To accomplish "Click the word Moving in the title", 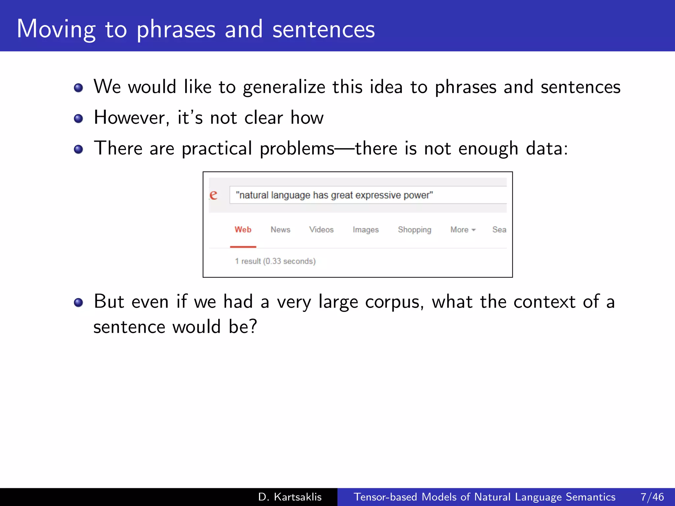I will click(x=56, y=30).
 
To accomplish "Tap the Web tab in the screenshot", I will click(x=243, y=230).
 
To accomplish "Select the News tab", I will click(x=280, y=230).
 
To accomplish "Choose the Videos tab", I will click(x=321, y=230).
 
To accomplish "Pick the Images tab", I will click(x=366, y=230).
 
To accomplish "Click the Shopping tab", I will click(x=414, y=230).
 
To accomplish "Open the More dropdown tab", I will click(x=462, y=230).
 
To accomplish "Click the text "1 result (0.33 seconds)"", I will click(x=275, y=261).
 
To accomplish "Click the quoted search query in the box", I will click(x=334, y=195).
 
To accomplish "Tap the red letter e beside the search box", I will click(x=214, y=195).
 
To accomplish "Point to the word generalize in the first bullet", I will click(x=284, y=87).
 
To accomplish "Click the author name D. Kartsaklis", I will click(x=290, y=497).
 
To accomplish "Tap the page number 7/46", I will click(x=652, y=497).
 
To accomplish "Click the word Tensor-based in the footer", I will click(x=385, y=497).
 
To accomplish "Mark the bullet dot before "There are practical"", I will click(x=78, y=150).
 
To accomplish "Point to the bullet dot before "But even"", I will click(x=78, y=302).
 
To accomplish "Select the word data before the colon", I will click(x=544, y=149).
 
